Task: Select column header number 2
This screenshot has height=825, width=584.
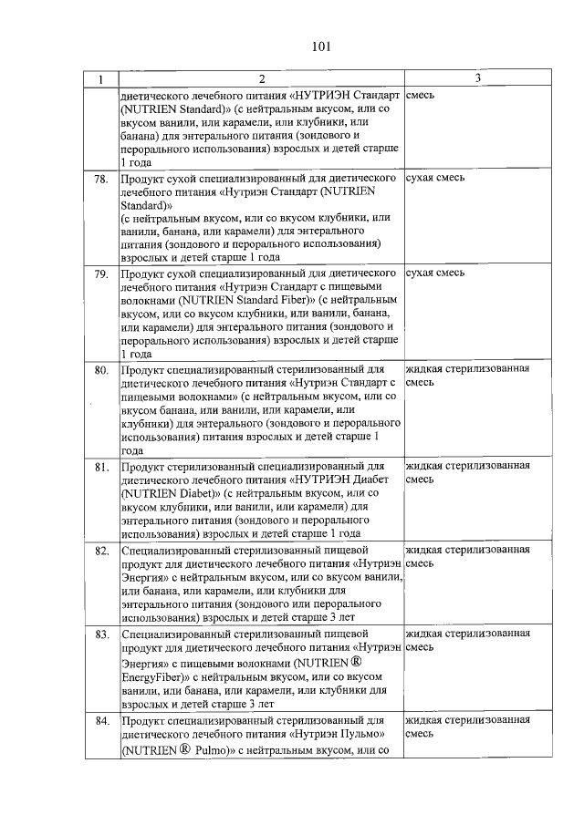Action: pyautogui.click(x=261, y=79)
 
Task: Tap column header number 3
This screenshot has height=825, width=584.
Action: pyautogui.click(x=476, y=79)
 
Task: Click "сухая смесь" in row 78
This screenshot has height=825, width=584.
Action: pyautogui.click(x=435, y=178)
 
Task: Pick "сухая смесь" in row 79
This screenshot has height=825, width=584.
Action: pyautogui.click(x=435, y=273)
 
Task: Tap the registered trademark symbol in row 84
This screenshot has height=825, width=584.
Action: pyautogui.click(x=182, y=749)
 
